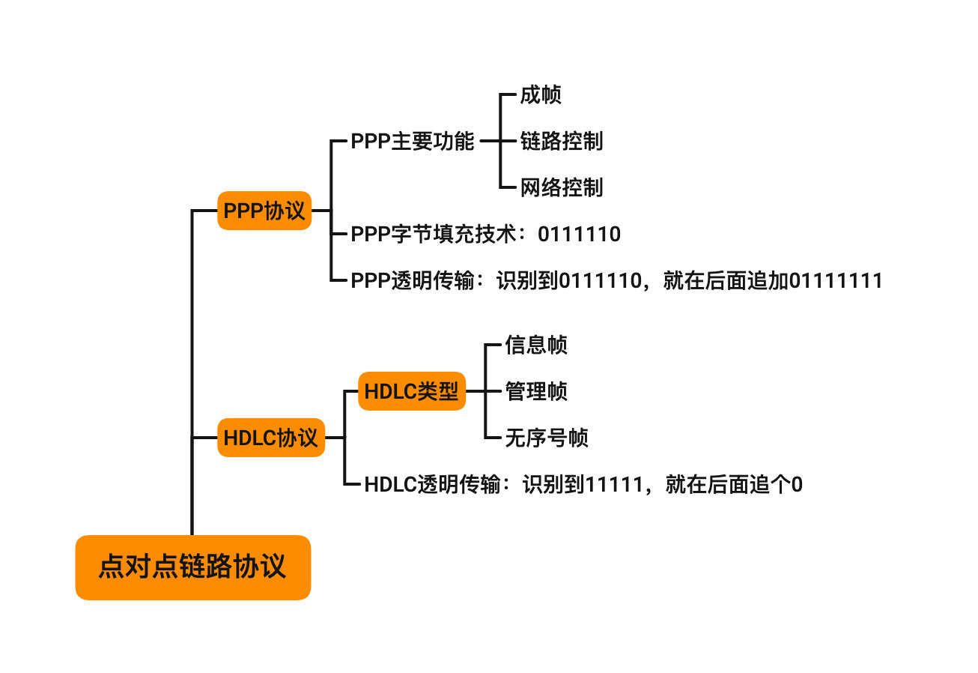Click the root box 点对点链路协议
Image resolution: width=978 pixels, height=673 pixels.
(x=193, y=567)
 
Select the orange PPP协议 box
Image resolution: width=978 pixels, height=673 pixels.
(x=264, y=211)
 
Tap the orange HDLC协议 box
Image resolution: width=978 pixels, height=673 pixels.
(x=271, y=438)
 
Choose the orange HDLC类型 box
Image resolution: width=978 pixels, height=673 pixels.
(x=412, y=391)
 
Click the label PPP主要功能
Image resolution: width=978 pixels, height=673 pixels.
(x=412, y=141)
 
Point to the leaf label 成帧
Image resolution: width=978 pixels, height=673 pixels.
(x=541, y=95)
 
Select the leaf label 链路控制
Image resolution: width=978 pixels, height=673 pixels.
(x=562, y=141)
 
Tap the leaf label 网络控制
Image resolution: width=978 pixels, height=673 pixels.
(x=562, y=187)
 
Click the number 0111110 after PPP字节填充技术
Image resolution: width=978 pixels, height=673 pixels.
(x=579, y=234)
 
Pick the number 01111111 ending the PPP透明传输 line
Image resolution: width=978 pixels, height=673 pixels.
(x=836, y=280)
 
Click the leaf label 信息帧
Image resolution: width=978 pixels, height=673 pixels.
(x=536, y=345)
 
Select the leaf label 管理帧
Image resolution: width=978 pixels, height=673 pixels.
(x=536, y=391)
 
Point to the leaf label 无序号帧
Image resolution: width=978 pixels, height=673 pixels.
(x=547, y=438)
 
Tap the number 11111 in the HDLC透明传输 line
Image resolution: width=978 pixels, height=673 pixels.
(x=614, y=485)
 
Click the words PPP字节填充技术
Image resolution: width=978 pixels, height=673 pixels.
(x=434, y=234)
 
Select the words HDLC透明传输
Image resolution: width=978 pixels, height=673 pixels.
(x=433, y=484)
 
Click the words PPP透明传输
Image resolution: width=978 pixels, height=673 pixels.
(x=413, y=280)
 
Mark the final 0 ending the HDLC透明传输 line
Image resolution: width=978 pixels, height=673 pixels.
(x=797, y=485)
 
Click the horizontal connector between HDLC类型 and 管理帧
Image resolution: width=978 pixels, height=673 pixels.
(x=483, y=391)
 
